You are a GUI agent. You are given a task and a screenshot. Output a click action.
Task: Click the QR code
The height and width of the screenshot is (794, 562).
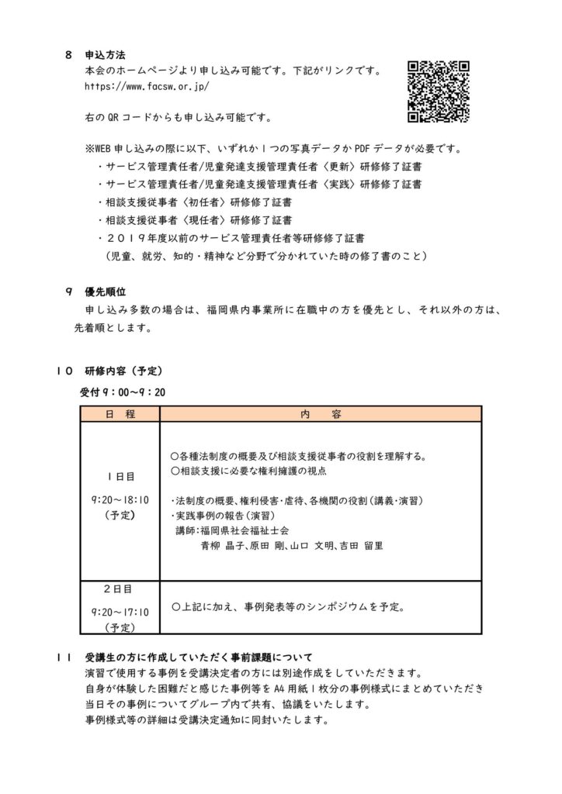[439, 91]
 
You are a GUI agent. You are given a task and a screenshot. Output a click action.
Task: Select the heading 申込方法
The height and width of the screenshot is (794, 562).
[105, 56]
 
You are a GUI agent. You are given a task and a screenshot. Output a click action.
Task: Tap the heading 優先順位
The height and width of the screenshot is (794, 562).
[105, 292]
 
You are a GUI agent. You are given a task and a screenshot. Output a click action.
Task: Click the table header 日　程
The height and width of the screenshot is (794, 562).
[120, 415]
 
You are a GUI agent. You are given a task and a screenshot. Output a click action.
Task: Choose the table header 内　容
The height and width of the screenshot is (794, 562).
[320, 415]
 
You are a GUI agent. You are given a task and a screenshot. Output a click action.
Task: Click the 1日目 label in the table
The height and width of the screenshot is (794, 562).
[120, 476]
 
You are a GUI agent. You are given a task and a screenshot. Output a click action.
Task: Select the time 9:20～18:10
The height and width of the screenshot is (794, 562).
[120, 499]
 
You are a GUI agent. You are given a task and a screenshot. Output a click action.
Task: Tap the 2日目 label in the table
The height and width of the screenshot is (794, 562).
[120, 589]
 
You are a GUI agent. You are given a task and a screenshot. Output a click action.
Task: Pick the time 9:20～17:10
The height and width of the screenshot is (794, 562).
[120, 611]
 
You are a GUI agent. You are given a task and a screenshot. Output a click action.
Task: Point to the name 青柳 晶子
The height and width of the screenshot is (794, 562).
[223, 545]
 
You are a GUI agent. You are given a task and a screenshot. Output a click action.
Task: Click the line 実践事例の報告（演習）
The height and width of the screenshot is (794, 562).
[224, 515]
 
